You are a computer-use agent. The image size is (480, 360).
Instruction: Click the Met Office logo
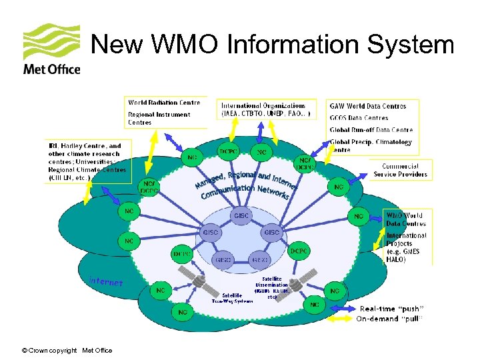51,50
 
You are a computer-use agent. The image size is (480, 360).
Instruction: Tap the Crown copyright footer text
67,351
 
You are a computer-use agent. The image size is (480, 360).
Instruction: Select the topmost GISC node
241,215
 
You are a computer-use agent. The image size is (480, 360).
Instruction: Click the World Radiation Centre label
164,103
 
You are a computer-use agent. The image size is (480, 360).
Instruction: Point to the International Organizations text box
265,109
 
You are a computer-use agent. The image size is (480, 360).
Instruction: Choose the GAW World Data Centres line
367,106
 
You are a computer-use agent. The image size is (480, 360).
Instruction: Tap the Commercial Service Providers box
400,170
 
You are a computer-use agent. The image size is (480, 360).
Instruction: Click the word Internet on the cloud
106,282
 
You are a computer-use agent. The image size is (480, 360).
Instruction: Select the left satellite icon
207,284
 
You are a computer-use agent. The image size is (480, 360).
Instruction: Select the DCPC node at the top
228,152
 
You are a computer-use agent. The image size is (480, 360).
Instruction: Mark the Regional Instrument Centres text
159,118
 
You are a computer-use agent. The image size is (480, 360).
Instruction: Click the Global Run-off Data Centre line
371,130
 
